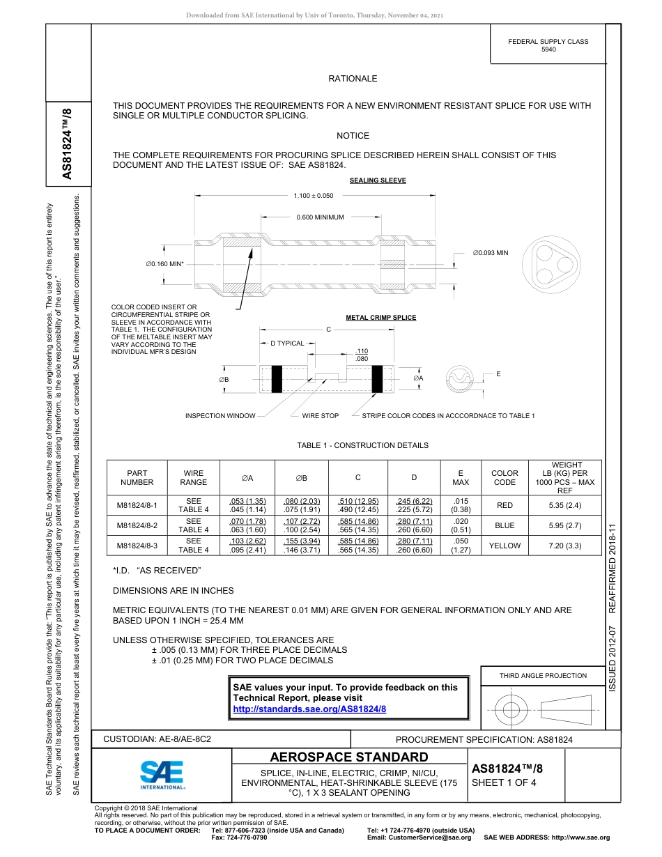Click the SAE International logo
pyautogui.click(x=162, y=775)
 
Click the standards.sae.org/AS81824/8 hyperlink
pyautogui.click(x=309, y=709)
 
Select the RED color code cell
pyautogui.click(x=505, y=505)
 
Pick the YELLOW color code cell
pyautogui.click(x=505, y=546)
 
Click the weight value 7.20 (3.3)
pyautogui.click(x=565, y=546)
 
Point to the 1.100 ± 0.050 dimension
pyautogui.click(x=314, y=196)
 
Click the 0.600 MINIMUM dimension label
pyautogui.click(x=320, y=217)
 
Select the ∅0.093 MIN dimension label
pyautogui.click(x=491, y=252)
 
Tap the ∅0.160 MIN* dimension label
pyautogui.click(x=165, y=264)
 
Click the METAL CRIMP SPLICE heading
pyautogui.click(x=380, y=318)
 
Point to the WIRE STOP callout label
pyautogui.click(x=320, y=416)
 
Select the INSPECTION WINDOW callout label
pyautogui.click(x=215, y=416)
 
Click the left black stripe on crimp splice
pyautogui.click(x=277, y=379)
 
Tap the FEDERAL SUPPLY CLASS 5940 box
pyautogui.click(x=548, y=45)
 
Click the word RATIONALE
pyautogui.click(x=353, y=79)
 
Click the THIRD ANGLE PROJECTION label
pyautogui.click(x=543, y=675)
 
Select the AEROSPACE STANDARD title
pyautogui.click(x=349, y=757)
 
